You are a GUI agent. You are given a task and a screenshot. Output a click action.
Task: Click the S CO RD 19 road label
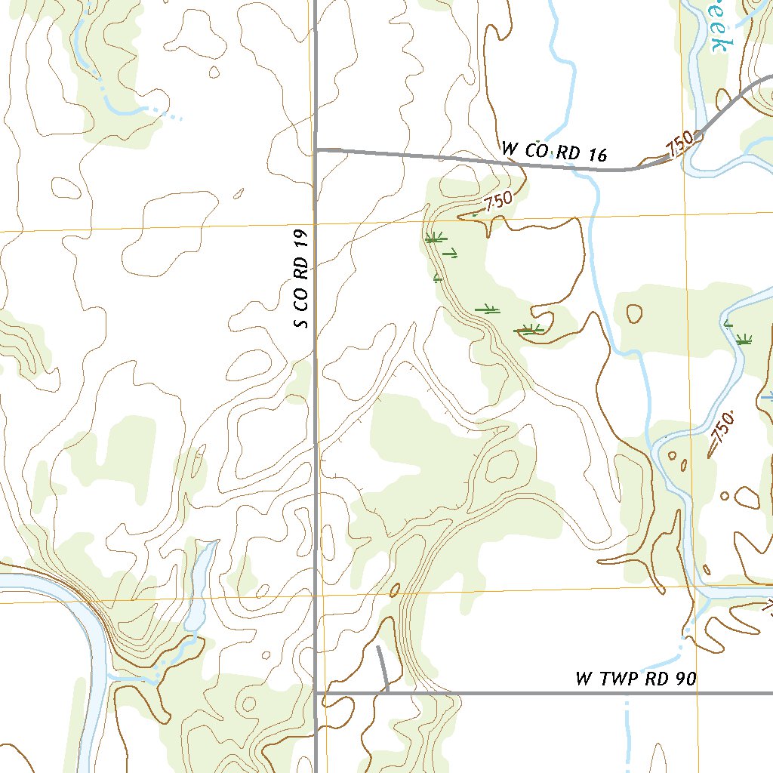(x=302, y=280)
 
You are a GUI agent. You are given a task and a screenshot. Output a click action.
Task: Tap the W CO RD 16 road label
(x=554, y=152)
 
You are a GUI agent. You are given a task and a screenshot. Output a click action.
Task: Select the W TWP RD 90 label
(x=636, y=679)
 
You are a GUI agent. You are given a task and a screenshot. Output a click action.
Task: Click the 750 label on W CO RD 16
(x=679, y=146)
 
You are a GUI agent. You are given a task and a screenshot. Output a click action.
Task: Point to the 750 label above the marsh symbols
(x=497, y=202)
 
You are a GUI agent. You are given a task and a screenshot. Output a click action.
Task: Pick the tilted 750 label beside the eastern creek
(x=722, y=432)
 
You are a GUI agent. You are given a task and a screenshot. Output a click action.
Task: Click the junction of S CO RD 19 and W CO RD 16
(x=316, y=150)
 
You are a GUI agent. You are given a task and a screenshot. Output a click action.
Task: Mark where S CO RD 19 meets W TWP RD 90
(x=316, y=691)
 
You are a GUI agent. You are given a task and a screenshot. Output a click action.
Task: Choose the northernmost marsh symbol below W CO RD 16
(x=433, y=239)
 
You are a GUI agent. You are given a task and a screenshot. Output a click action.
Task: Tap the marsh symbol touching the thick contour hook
(x=528, y=329)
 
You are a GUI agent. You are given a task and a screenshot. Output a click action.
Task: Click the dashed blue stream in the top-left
(x=136, y=109)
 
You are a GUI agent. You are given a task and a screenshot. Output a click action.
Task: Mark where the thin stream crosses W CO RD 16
(x=579, y=167)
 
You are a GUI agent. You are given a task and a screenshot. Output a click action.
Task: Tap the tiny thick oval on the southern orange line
(x=393, y=589)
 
